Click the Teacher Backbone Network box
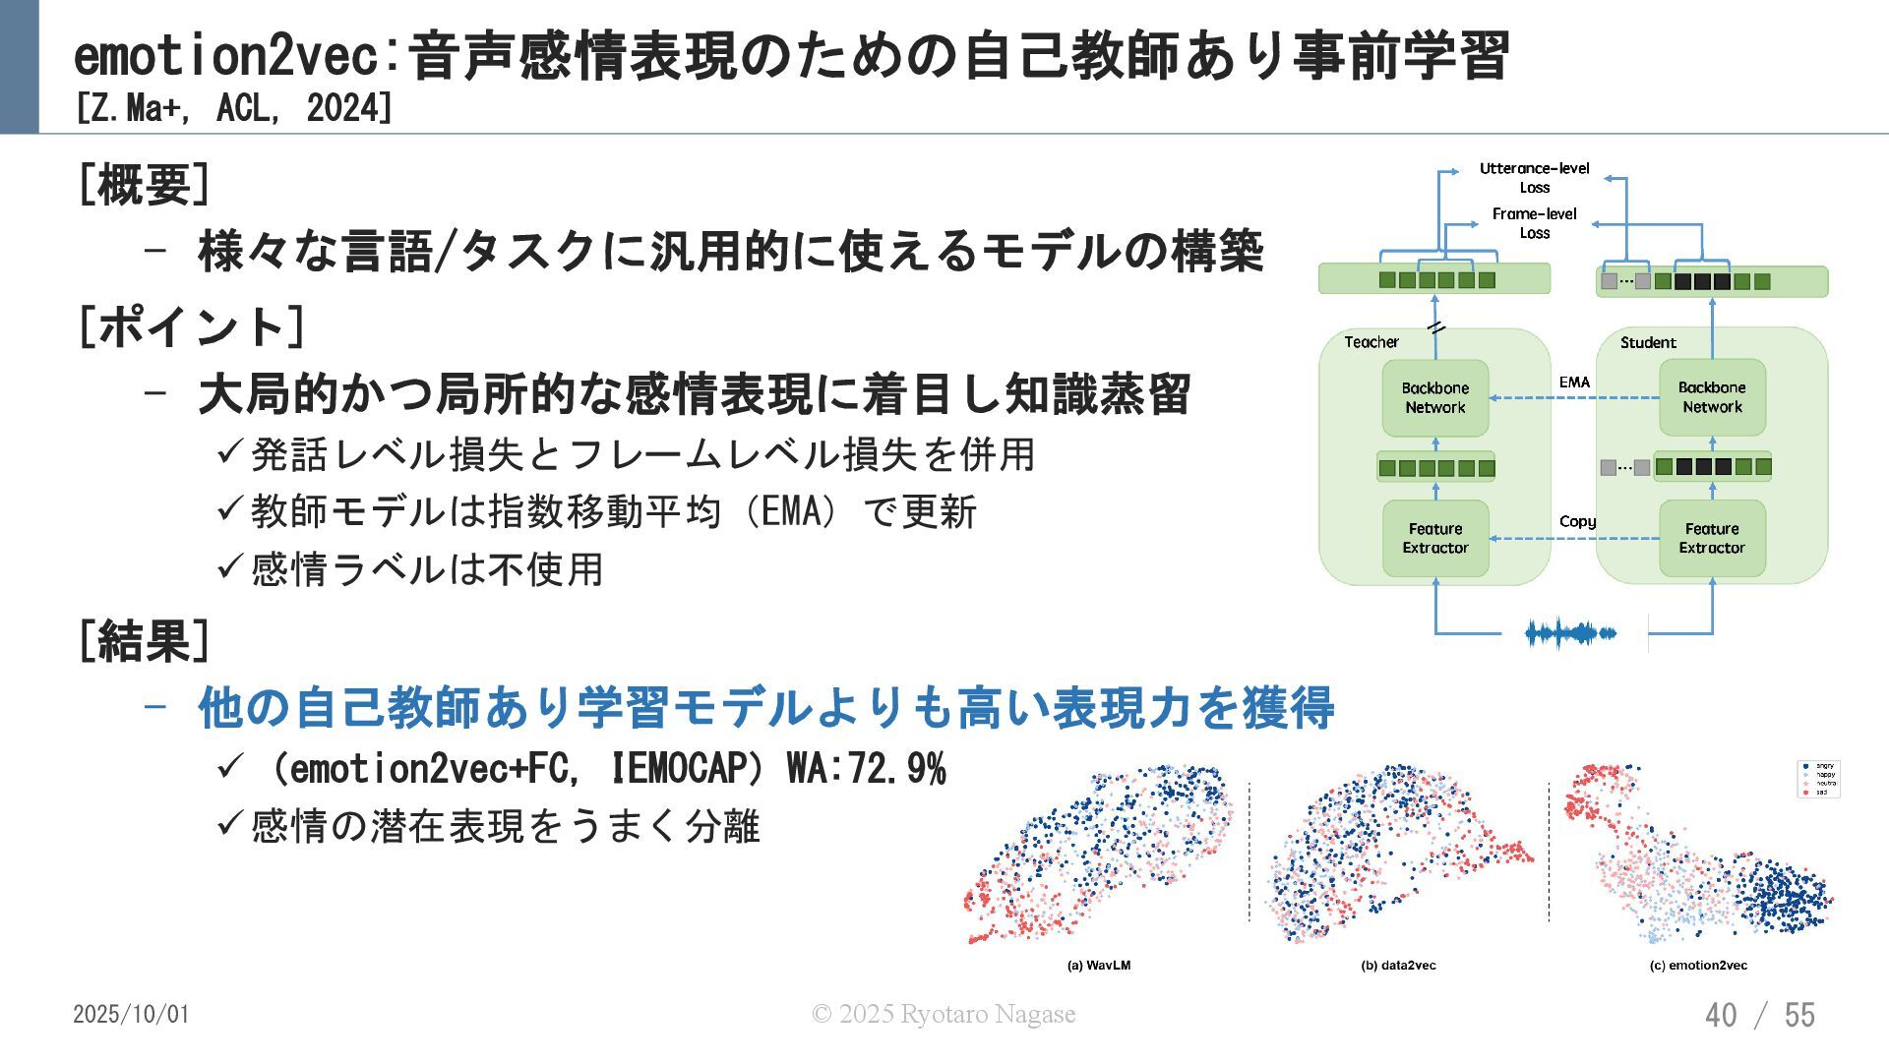tap(1434, 397)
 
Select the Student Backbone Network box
tap(1712, 397)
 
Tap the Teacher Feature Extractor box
tap(1434, 538)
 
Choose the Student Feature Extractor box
tap(1712, 538)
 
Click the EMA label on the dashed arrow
tap(1574, 383)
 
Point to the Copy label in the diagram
tap(1577, 521)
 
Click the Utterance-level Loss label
tap(1534, 178)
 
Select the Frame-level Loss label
tap(1534, 223)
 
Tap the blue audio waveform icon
tap(1570, 633)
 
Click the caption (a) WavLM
tap(1099, 966)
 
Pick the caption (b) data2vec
tap(1398, 966)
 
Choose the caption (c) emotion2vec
tap(1698, 966)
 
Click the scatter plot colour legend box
tap(1817, 779)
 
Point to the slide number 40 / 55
tap(1759, 1015)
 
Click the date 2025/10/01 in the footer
tap(131, 1014)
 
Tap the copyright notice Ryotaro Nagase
tap(943, 1014)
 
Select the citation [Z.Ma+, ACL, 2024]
tap(233, 108)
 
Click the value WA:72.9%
tap(866, 769)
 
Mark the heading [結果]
tap(144, 641)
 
